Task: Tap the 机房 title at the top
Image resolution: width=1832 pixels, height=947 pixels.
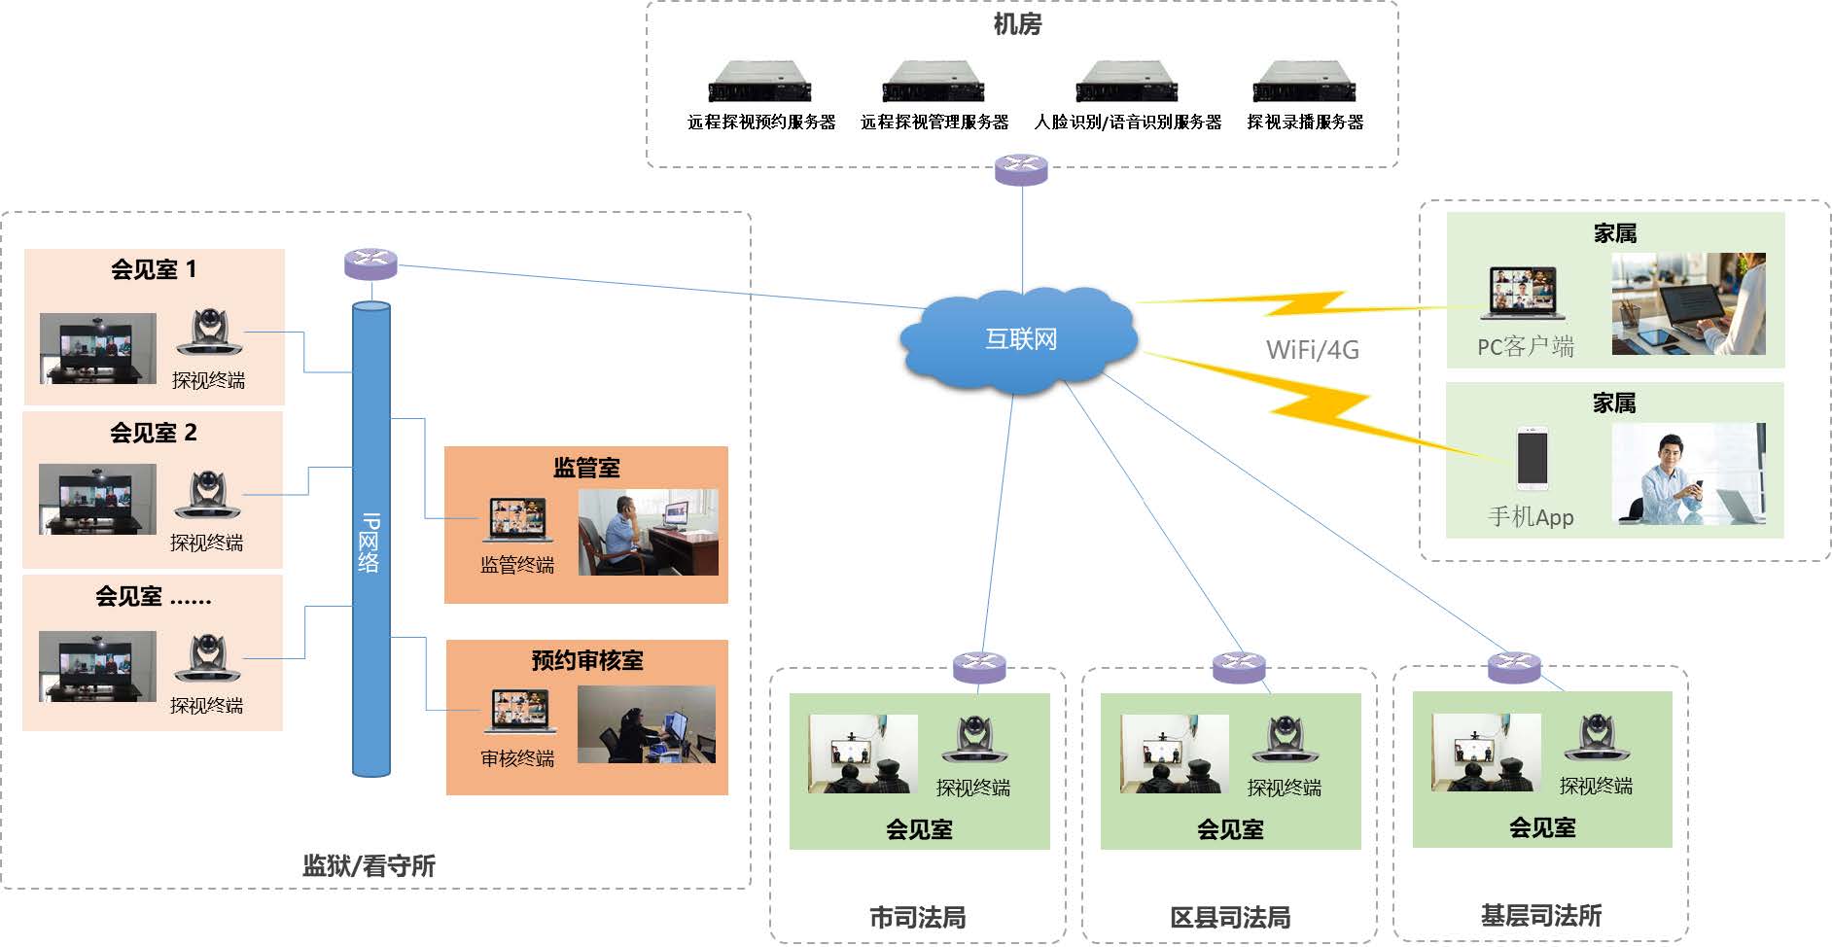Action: pyautogui.click(x=1017, y=23)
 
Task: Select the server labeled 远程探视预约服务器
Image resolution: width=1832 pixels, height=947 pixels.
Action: pyautogui.click(x=759, y=81)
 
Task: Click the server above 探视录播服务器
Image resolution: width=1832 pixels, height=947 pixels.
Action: pyautogui.click(x=1304, y=81)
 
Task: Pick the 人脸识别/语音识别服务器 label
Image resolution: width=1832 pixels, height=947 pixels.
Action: pyautogui.click(x=1127, y=123)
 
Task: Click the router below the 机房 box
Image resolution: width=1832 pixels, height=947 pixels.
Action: pyautogui.click(x=1021, y=169)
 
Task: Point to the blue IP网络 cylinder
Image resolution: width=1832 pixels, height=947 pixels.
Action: pyautogui.click(x=370, y=540)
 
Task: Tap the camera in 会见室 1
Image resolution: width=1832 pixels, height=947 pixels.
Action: pyautogui.click(x=209, y=333)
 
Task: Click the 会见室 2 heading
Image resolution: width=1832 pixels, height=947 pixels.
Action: pyautogui.click(x=154, y=433)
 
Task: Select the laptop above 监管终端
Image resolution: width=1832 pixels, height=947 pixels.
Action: pyautogui.click(x=518, y=520)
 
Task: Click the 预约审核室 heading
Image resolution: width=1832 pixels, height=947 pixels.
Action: pyautogui.click(x=586, y=661)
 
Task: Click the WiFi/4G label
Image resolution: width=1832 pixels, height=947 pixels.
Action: pyautogui.click(x=1312, y=350)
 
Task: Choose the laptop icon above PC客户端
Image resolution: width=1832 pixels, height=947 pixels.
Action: pyautogui.click(x=1522, y=293)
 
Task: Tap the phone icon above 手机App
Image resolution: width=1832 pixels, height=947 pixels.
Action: pyautogui.click(x=1532, y=458)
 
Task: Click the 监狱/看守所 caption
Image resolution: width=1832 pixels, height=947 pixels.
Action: pyautogui.click(x=369, y=865)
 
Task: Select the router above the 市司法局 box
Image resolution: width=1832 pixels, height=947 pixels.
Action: pyautogui.click(x=979, y=666)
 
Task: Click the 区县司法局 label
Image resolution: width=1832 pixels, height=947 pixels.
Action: pyautogui.click(x=1229, y=917)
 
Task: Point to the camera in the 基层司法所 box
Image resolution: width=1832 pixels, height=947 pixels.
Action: pyautogui.click(x=1596, y=738)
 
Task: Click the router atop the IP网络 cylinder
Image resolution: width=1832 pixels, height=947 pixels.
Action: pyautogui.click(x=370, y=263)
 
